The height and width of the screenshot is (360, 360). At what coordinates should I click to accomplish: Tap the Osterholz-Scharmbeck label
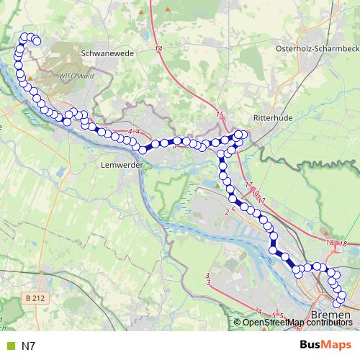[x=318, y=48]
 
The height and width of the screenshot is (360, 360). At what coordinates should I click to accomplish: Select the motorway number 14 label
[x=158, y=48]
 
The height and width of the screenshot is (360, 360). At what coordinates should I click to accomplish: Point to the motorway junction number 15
[x=220, y=115]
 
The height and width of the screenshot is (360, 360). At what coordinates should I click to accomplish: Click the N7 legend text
[x=29, y=346]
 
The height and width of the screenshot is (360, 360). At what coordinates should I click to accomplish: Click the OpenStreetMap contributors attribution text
[x=298, y=322]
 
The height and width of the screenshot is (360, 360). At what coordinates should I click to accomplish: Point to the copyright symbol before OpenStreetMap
[x=239, y=322]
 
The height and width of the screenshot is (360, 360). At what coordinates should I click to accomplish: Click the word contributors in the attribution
[x=330, y=322]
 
